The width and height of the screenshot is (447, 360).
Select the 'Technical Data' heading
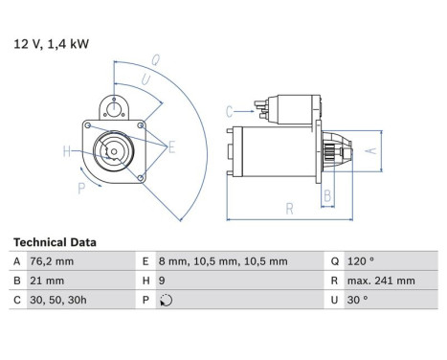[x=55, y=243]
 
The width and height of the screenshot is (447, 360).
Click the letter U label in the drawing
[x=145, y=79]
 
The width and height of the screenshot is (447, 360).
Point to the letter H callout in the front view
[x=67, y=150]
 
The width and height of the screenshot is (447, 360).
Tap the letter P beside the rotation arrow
[x=81, y=189]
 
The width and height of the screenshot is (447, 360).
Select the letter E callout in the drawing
[x=171, y=146]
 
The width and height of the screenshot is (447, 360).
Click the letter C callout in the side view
[x=230, y=112]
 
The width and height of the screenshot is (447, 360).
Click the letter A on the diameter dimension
[x=374, y=150]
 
